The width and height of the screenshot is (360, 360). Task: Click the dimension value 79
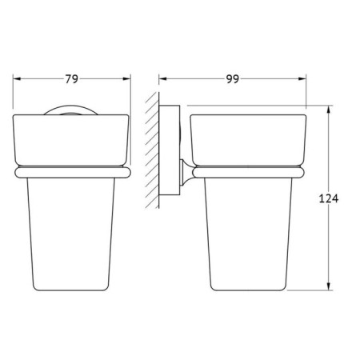coord(72,79)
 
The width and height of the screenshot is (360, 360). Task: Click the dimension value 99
coord(233,79)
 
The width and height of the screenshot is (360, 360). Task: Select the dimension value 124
coord(329,198)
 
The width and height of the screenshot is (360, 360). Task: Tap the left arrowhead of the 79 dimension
coord(17,78)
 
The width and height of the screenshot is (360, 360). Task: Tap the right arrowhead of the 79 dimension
coord(126,78)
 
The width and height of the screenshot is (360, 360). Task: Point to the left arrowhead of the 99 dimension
coord(162,78)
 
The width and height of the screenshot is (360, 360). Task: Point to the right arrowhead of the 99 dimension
coord(302,78)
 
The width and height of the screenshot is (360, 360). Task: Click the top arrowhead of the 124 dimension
coord(329,110)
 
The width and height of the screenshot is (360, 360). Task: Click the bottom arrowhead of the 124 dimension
coord(329,286)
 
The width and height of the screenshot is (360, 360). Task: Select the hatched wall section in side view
coord(152,150)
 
